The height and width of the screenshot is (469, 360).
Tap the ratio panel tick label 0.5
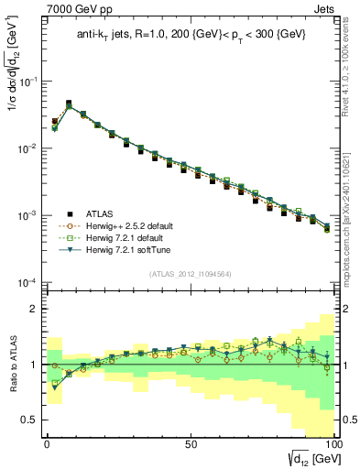[x=31, y=420]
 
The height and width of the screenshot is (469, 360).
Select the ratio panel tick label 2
[x=34, y=309]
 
